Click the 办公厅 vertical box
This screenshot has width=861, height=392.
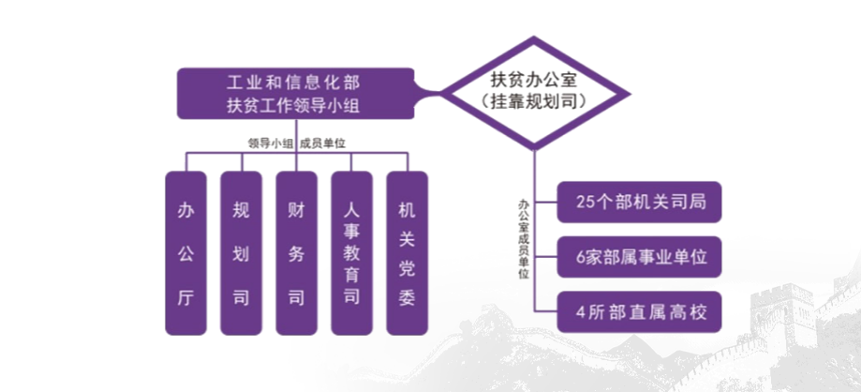pos(186,252)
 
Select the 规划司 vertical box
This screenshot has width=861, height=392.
pos(241,252)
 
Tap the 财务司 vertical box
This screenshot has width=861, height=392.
pos(296,252)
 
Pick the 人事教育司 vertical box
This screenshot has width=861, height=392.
pos(351,252)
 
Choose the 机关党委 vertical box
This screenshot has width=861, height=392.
pos(407,252)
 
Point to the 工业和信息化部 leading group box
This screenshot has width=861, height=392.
pos(297,93)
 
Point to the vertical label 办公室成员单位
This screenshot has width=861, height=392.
pos(523,239)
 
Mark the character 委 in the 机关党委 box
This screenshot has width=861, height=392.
pos(407,299)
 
